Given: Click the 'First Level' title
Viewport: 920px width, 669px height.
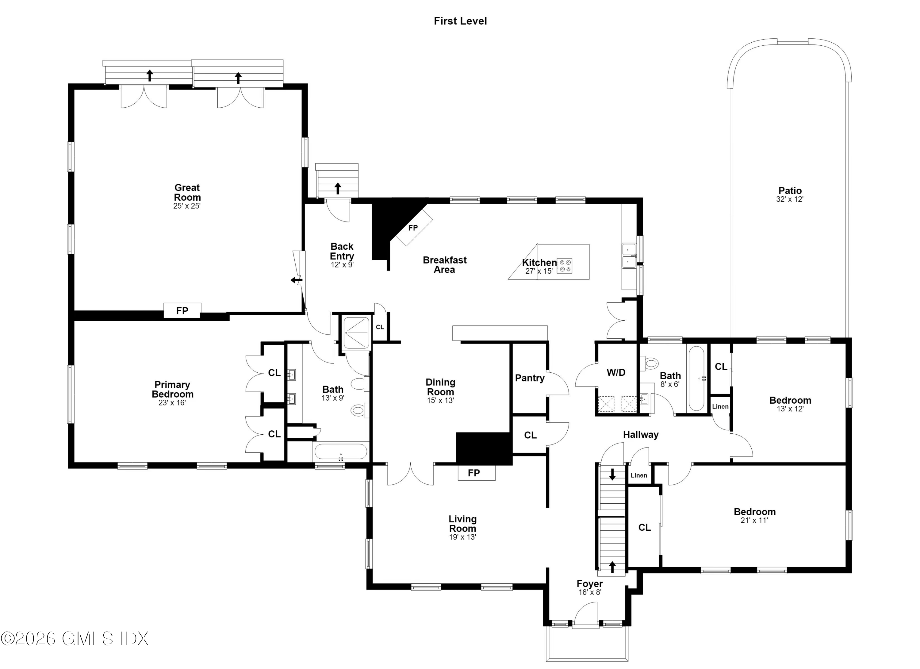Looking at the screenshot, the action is point(460,21).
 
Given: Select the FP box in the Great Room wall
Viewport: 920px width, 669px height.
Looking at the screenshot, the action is point(182,310).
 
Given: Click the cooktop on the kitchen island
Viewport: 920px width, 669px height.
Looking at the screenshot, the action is point(564,266).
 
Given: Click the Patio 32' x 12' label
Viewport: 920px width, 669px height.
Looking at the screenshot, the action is point(790,194).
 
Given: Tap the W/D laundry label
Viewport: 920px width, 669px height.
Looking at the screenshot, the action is point(616,372).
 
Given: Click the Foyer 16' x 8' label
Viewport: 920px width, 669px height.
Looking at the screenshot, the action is point(590,587).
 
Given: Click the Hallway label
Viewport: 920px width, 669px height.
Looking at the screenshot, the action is point(641,435).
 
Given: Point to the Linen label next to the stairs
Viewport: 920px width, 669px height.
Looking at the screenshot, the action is point(639,475).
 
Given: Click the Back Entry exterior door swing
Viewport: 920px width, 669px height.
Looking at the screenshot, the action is point(338,210).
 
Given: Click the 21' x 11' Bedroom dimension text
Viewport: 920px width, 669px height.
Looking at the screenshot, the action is point(754,520).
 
